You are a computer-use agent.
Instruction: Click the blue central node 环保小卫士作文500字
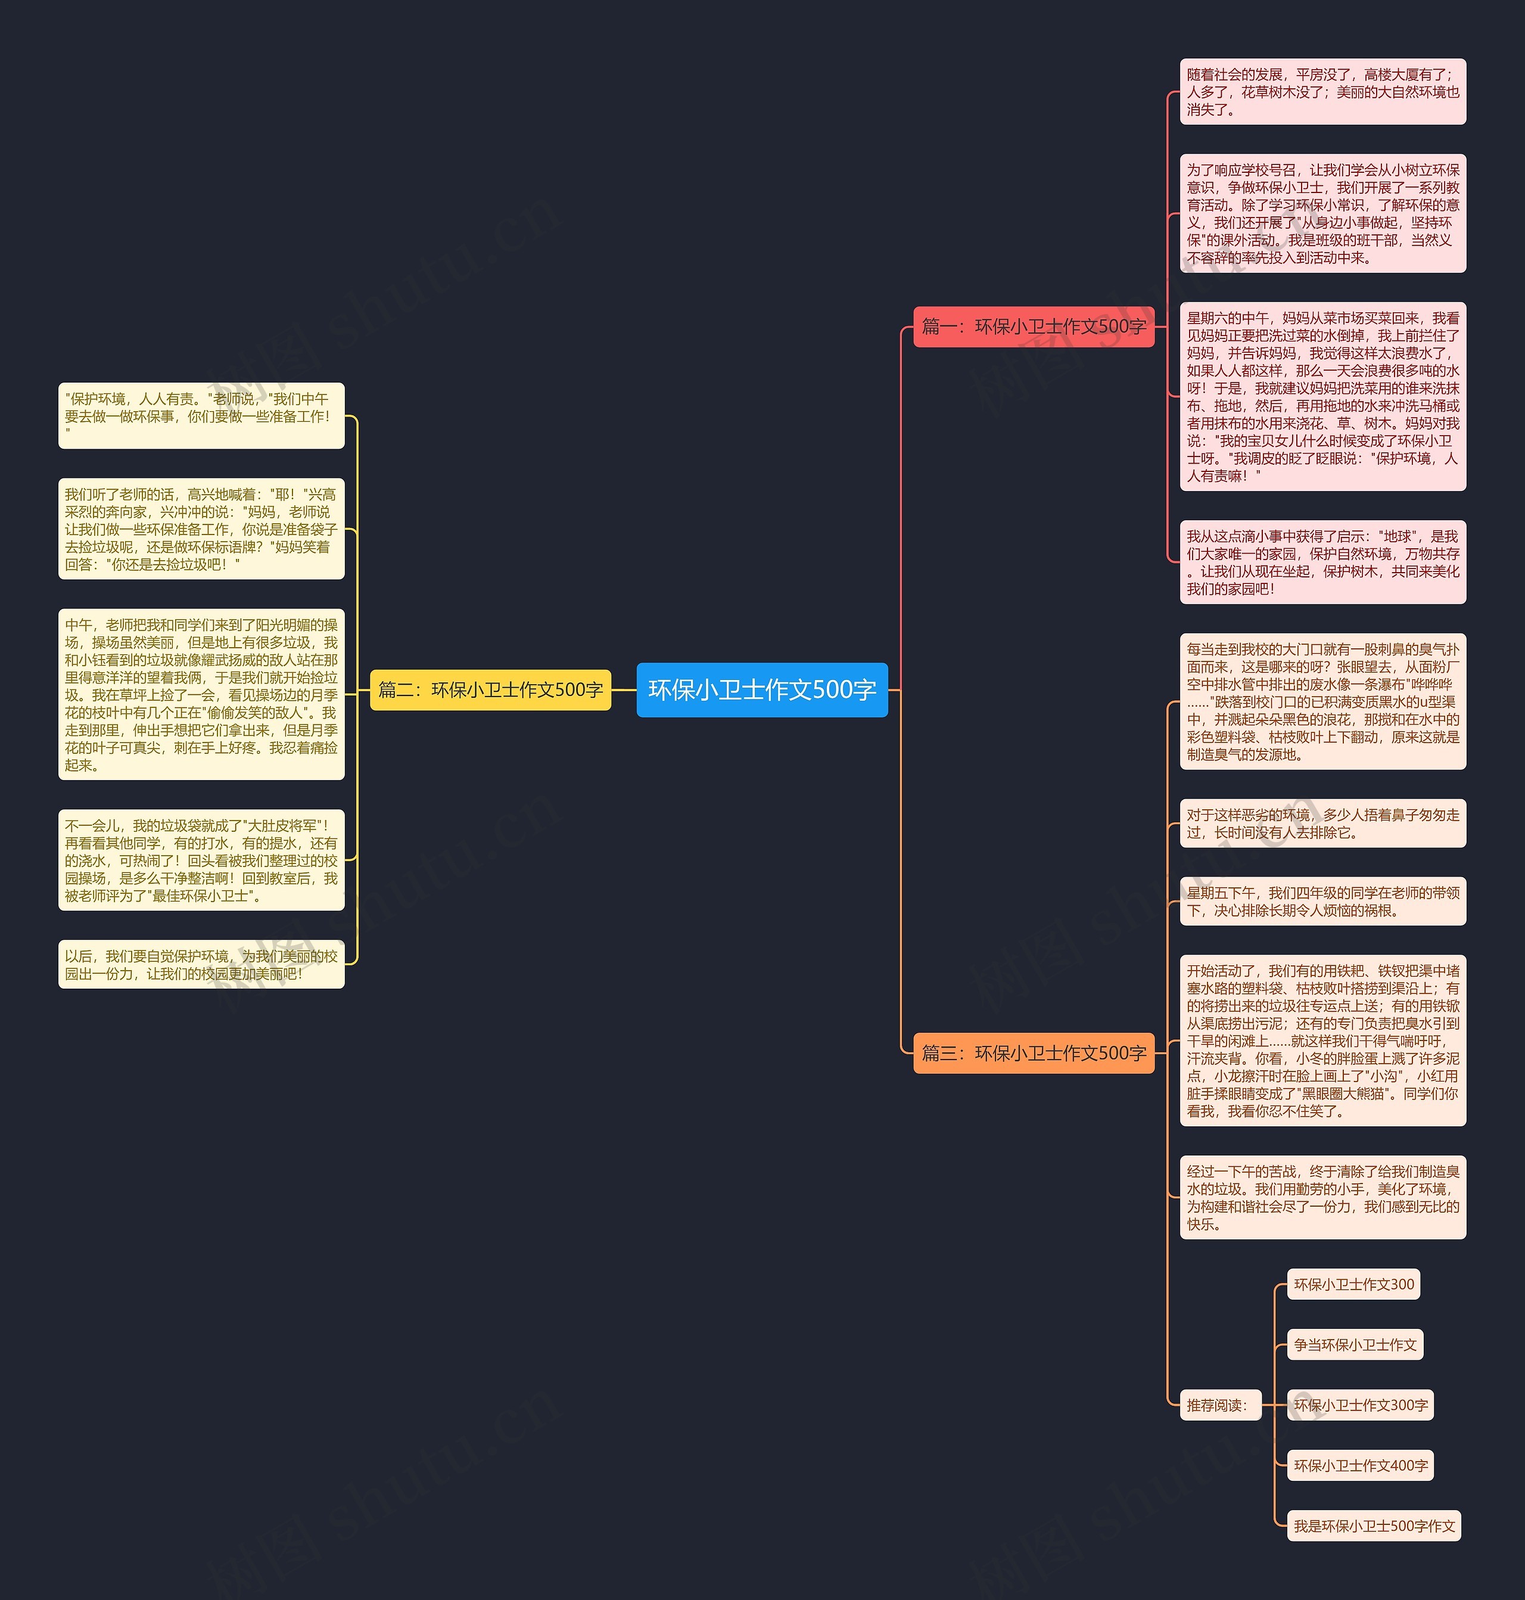pyautogui.click(x=762, y=689)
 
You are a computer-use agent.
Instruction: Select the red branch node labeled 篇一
pyautogui.click(x=1033, y=327)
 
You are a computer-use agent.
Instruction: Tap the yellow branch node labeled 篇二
pyautogui.click(x=490, y=690)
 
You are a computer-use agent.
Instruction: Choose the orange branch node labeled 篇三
pyautogui.click(x=1033, y=1053)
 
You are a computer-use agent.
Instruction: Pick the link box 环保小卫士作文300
pyautogui.click(x=1353, y=1285)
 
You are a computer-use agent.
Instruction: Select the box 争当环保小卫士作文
pyautogui.click(x=1355, y=1345)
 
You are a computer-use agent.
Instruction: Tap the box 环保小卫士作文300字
pyautogui.click(x=1361, y=1405)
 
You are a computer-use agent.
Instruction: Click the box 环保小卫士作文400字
pyautogui.click(x=1361, y=1465)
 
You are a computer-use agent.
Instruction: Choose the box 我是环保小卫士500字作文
pyautogui.click(x=1374, y=1525)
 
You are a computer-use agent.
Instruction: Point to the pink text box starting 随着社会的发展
pyautogui.click(x=1322, y=92)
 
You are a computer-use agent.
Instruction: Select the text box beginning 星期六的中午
pyautogui.click(x=1322, y=397)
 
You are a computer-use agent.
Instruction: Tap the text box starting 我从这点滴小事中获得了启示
pyautogui.click(x=1322, y=562)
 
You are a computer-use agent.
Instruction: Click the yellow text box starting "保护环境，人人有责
pyautogui.click(x=201, y=415)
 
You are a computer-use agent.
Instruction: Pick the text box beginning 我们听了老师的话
pyautogui.click(x=201, y=529)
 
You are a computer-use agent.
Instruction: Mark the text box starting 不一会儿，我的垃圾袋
pyautogui.click(x=201, y=860)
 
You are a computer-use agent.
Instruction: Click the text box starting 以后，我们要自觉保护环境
pyautogui.click(x=201, y=964)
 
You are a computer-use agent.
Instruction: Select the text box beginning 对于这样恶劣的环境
pyautogui.click(x=1322, y=824)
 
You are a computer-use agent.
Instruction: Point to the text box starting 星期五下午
pyautogui.click(x=1322, y=901)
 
